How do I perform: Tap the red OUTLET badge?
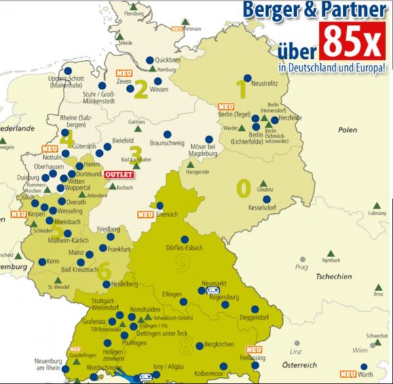click(119, 175)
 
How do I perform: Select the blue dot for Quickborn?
click(149, 59)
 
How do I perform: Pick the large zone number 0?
click(242, 188)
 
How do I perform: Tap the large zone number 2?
click(140, 90)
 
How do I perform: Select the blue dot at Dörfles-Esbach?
click(185, 239)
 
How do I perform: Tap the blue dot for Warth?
click(364, 367)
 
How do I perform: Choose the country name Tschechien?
click(333, 276)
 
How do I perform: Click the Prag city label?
click(301, 266)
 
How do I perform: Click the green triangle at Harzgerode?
click(191, 164)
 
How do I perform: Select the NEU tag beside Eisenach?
click(145, 214)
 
